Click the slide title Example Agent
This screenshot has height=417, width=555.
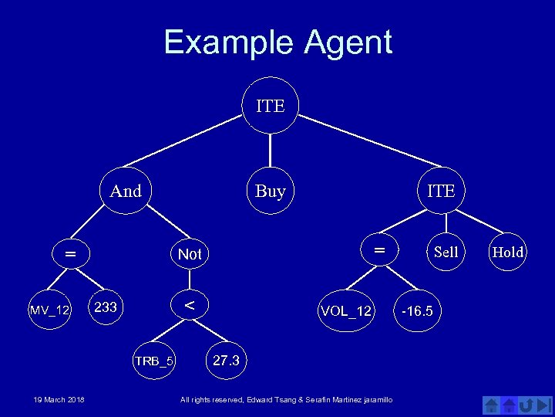[277, 42]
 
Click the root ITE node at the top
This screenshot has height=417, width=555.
[270, 105]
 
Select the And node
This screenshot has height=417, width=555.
[126, 190]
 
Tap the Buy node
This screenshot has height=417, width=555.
[270, 190]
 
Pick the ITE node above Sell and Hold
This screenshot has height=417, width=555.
[441, 190]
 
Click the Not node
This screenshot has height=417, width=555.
[190, 254]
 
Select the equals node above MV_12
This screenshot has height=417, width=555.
[70, 253]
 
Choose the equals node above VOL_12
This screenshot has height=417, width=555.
[378, 250]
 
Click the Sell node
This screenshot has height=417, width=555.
[446, 252]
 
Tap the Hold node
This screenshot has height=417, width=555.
[508, 252]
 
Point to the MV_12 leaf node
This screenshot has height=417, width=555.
[50, 310]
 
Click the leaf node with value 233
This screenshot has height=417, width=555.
[106, 307]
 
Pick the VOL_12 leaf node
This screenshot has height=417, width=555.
[346, 310]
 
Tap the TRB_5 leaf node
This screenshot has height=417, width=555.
[154, 361]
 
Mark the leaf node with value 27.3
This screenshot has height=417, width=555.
[226, 361]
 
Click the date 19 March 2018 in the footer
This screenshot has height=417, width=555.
[59, 399]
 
